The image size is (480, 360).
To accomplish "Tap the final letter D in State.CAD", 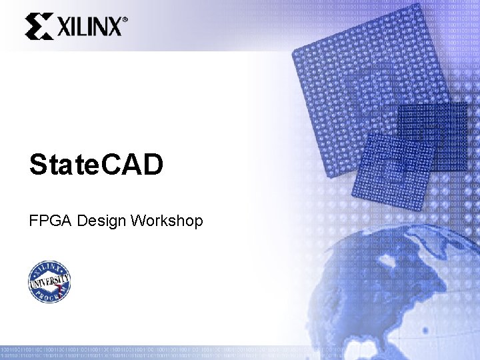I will [x=151, y=165].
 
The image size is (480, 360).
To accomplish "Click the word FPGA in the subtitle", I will [x=51, y=221].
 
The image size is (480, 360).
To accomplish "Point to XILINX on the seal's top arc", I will [x=49, y=267].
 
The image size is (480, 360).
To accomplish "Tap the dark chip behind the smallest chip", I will [x=433, y=133].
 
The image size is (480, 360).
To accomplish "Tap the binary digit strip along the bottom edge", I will [x=240, y=352].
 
